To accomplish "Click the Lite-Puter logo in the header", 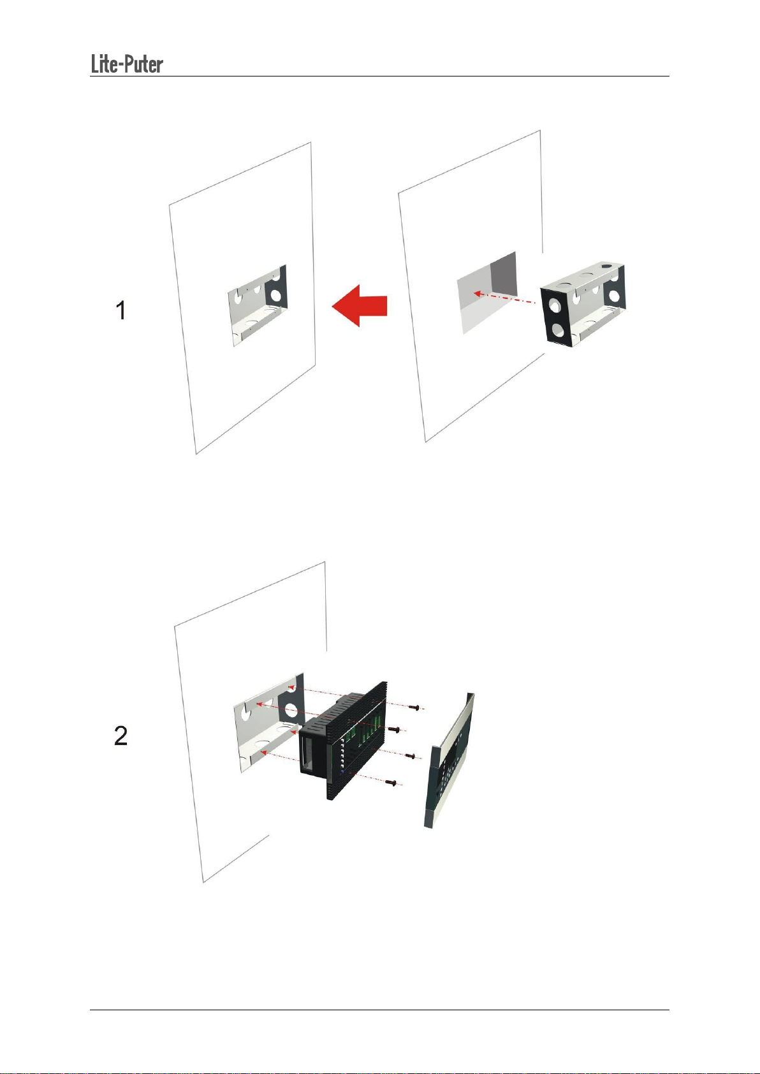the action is pyautogui.click(x=127, y=64).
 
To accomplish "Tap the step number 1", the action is pyautogui.click(x=121, y=310).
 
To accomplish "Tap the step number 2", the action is pyautogui.click(x=121, y=736).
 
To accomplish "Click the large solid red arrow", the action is pyautogui.click(x=360, y=305).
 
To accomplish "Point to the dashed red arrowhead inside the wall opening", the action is pyautogui.click(x=477, y=293).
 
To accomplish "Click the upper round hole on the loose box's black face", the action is pyautogui.click(x=555, y=305).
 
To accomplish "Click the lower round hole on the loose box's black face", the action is pyautogui.click(x=558, y=330).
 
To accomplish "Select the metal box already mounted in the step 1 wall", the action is pyautogui.click(x=258, y=305).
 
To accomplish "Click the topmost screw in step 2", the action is pyautogui.click(x=415, y=708).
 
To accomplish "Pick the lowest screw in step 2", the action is pyautogui.click(x=391, y=783).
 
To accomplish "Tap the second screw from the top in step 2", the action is pyautogui.click(x=395, y=729).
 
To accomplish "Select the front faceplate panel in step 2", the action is pyautogui.click(x=449, y=760).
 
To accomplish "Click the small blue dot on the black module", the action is pyautogui.click(x=342, y=772).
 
